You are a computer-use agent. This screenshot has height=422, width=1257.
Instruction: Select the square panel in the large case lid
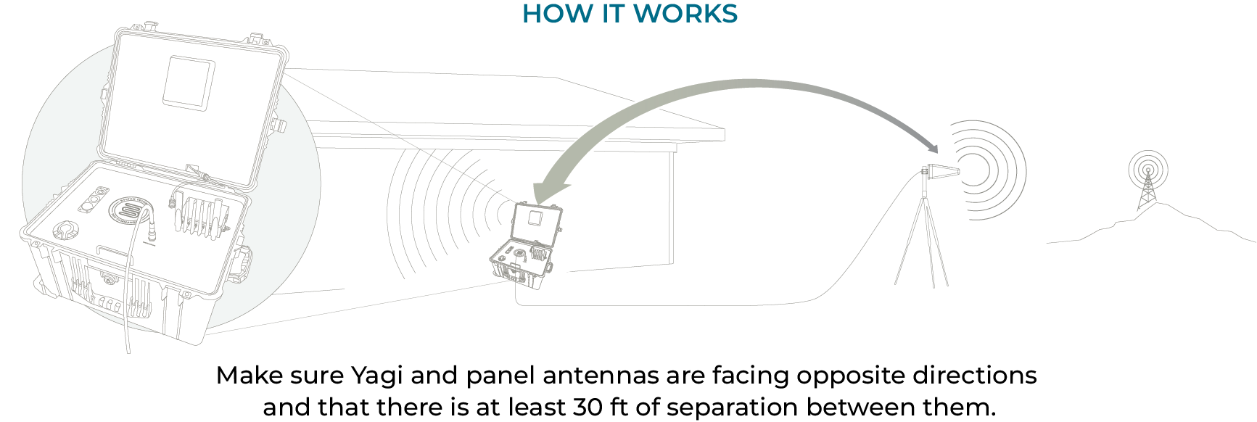click(x=189, y=81)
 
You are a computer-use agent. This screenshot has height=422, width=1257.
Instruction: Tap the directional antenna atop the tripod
click(x=941, y=173)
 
